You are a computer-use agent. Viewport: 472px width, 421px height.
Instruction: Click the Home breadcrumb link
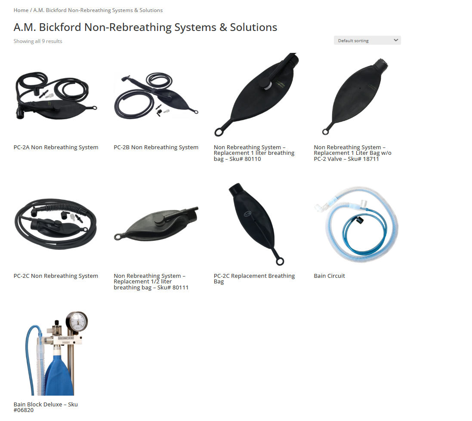21,10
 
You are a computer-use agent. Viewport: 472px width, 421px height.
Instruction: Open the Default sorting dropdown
367,40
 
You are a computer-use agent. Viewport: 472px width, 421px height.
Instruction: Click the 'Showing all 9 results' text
38,41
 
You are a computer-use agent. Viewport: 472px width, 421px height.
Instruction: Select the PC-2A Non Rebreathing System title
56,148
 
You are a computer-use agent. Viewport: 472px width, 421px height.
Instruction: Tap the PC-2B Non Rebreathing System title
156,148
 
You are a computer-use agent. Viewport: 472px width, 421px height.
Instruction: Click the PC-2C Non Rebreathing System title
56,276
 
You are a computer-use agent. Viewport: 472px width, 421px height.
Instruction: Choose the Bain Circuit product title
329,276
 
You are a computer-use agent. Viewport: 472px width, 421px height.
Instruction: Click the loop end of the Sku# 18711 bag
326,132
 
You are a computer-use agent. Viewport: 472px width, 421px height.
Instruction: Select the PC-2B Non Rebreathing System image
156,95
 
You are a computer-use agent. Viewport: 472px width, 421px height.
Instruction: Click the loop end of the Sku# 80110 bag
221,131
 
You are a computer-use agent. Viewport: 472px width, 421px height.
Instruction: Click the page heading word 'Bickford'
60,28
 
